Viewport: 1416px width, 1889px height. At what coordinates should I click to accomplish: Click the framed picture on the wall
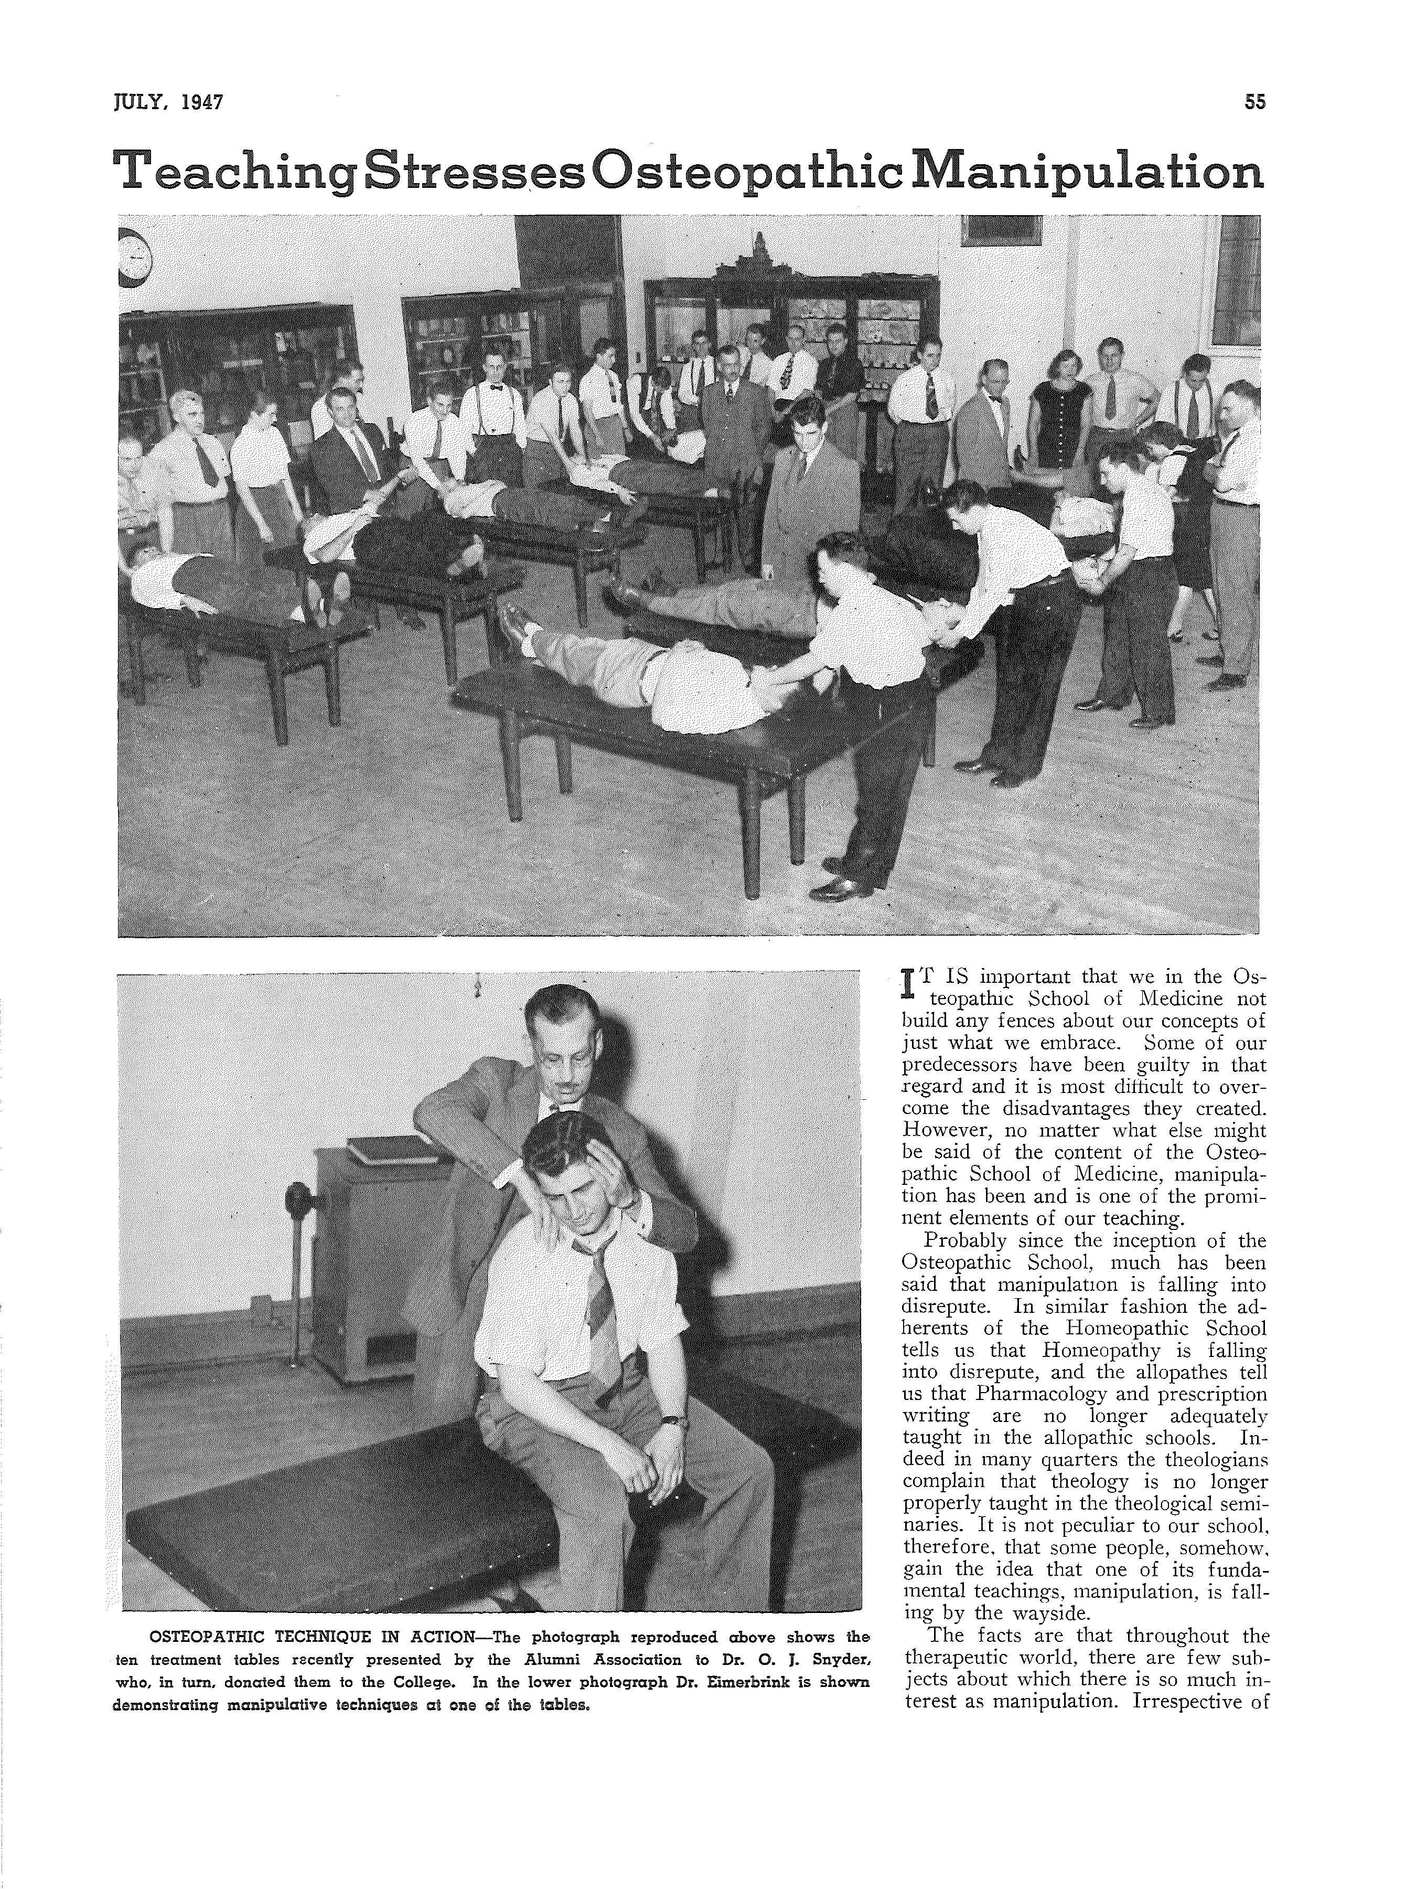click(1002, 229)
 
